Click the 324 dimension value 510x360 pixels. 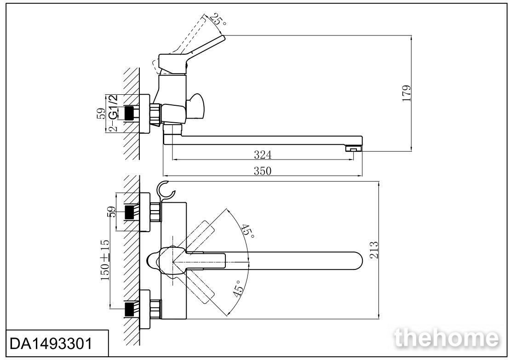point(263,155)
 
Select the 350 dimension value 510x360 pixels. point(262,171)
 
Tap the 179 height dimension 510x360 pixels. point(407,94)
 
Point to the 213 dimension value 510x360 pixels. point(374,250)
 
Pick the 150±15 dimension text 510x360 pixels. point(105,260)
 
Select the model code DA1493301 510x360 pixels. point(52,343)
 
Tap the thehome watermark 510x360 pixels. point(446,338)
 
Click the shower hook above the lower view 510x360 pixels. point(166,190)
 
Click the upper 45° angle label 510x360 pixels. point(247,230)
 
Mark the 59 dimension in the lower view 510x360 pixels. point(112,211)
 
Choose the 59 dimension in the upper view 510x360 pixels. point(101,114)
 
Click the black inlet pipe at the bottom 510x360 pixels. point(130,309)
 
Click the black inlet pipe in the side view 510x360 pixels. point(130,114)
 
